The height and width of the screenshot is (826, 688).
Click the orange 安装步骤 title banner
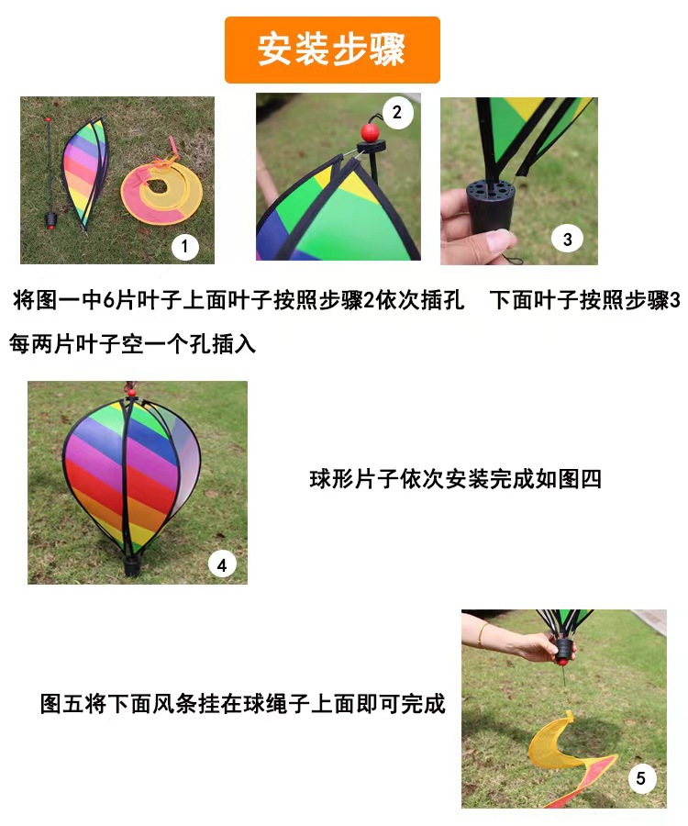[x=332, y=50]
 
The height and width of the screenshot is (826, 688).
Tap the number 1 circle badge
[x=185, y=246]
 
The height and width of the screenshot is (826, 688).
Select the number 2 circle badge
[x=396, y=113]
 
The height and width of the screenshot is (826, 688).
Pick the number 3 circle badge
[x=568, y=239]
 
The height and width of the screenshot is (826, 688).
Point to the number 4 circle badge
[x=222, y=564]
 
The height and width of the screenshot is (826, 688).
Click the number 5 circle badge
[x=641, y=779]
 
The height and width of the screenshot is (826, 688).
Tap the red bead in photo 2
[x=370, y=132]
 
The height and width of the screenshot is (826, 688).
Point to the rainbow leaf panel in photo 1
[x=83, y=170]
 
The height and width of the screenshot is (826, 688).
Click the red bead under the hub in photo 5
[x=560, y=658]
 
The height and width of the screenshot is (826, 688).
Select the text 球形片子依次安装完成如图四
[x=455, y=479]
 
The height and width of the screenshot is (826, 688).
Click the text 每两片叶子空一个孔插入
[x=132, y=344]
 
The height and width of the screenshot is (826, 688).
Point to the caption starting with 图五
[x=243, y=704]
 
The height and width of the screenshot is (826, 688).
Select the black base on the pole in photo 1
[x=51, y=220]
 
